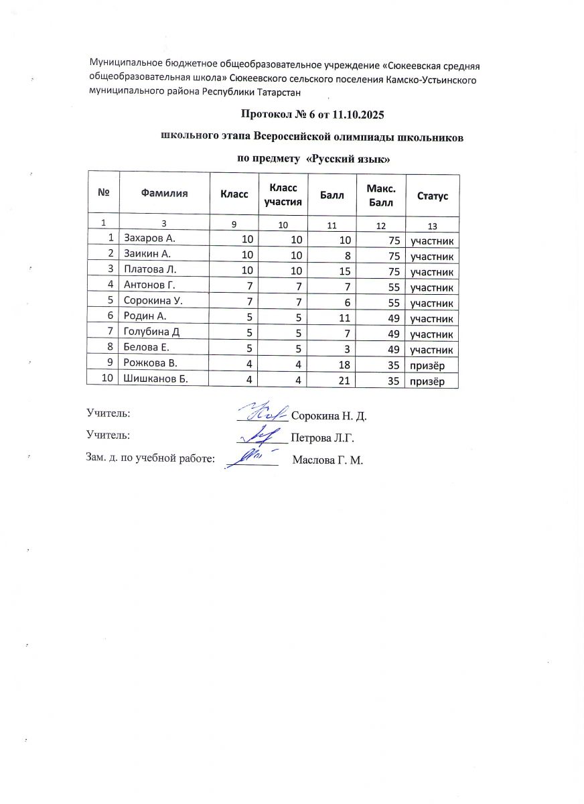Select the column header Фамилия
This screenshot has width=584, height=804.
tap(164, 194)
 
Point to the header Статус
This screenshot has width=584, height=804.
tap(433, 196)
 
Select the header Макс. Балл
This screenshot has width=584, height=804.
tap(380, 195)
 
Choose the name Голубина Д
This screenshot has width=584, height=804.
tap(151, 333)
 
